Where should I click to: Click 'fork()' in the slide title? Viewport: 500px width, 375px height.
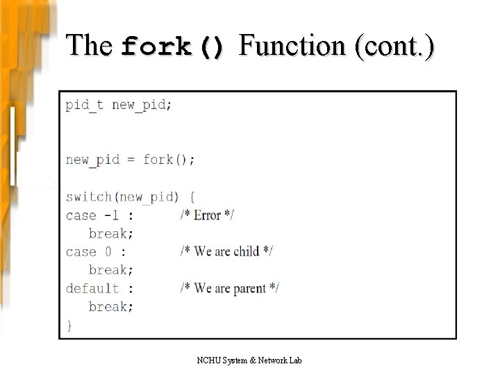173,47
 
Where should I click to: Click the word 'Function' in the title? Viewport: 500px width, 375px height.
292,46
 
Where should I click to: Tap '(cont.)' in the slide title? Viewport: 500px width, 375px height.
394,46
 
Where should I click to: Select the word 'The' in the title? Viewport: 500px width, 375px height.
89,46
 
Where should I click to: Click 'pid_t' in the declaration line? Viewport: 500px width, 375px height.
85,105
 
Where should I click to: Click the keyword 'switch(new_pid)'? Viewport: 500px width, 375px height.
122,197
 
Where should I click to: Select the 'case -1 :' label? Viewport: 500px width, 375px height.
99,215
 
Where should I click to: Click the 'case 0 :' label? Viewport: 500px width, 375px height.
96,251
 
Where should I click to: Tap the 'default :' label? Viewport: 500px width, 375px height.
99,288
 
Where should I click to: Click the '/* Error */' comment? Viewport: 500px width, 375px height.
207,215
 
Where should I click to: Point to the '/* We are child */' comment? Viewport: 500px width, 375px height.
226,251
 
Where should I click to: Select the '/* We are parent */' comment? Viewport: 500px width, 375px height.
229,288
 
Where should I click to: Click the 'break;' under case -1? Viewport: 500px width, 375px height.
111,233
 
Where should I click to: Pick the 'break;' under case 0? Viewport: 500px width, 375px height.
111,270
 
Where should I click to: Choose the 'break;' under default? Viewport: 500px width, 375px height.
111,306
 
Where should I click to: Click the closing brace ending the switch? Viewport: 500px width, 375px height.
69,324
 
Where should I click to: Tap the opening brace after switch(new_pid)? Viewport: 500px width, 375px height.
192,197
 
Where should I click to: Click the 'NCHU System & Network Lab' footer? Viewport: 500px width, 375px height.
249,360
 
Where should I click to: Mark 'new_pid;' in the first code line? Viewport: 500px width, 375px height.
142,105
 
